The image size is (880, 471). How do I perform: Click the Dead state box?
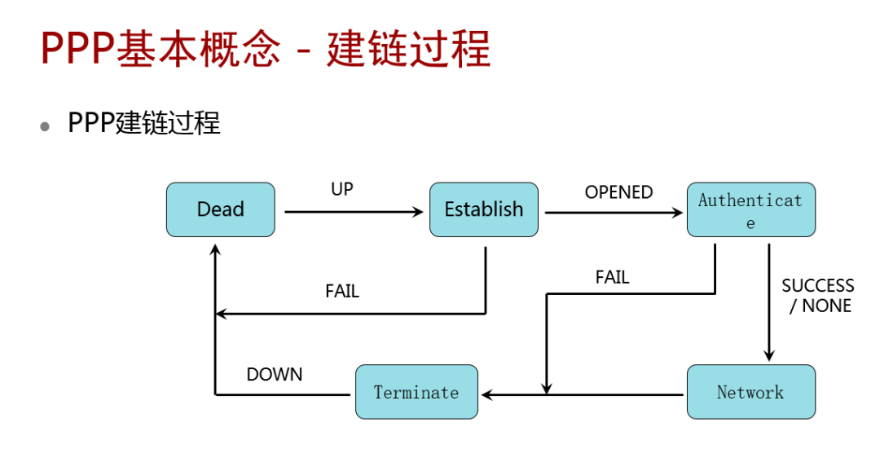(x=220, y=209)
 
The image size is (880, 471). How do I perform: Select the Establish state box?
(x=483, y=209)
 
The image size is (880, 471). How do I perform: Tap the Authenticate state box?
(x=750, y=210)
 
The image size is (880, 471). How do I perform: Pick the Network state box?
(x=750, y=392)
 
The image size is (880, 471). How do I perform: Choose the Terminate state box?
(x=416, y=392)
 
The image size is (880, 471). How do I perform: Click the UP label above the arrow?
(x=342, y=189)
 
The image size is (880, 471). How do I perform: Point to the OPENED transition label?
(x=618, y=192)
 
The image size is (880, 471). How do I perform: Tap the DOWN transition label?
(x=275, y=374)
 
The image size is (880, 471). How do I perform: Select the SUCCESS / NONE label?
(x=817, y=296)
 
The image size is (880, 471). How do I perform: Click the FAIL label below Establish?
(x=342, y=291)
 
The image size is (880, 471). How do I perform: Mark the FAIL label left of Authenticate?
(x=612, y=277)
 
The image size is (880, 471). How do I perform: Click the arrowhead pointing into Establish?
(x=419, y=212)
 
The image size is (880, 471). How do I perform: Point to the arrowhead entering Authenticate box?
(x=678, y=213)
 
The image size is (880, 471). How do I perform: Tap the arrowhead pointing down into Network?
(x=768, y=355)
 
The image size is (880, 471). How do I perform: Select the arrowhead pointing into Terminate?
(x=487, y=394)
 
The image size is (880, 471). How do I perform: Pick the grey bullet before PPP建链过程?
(x=46, y=126)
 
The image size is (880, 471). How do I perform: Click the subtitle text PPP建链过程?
(x=144, y=124)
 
